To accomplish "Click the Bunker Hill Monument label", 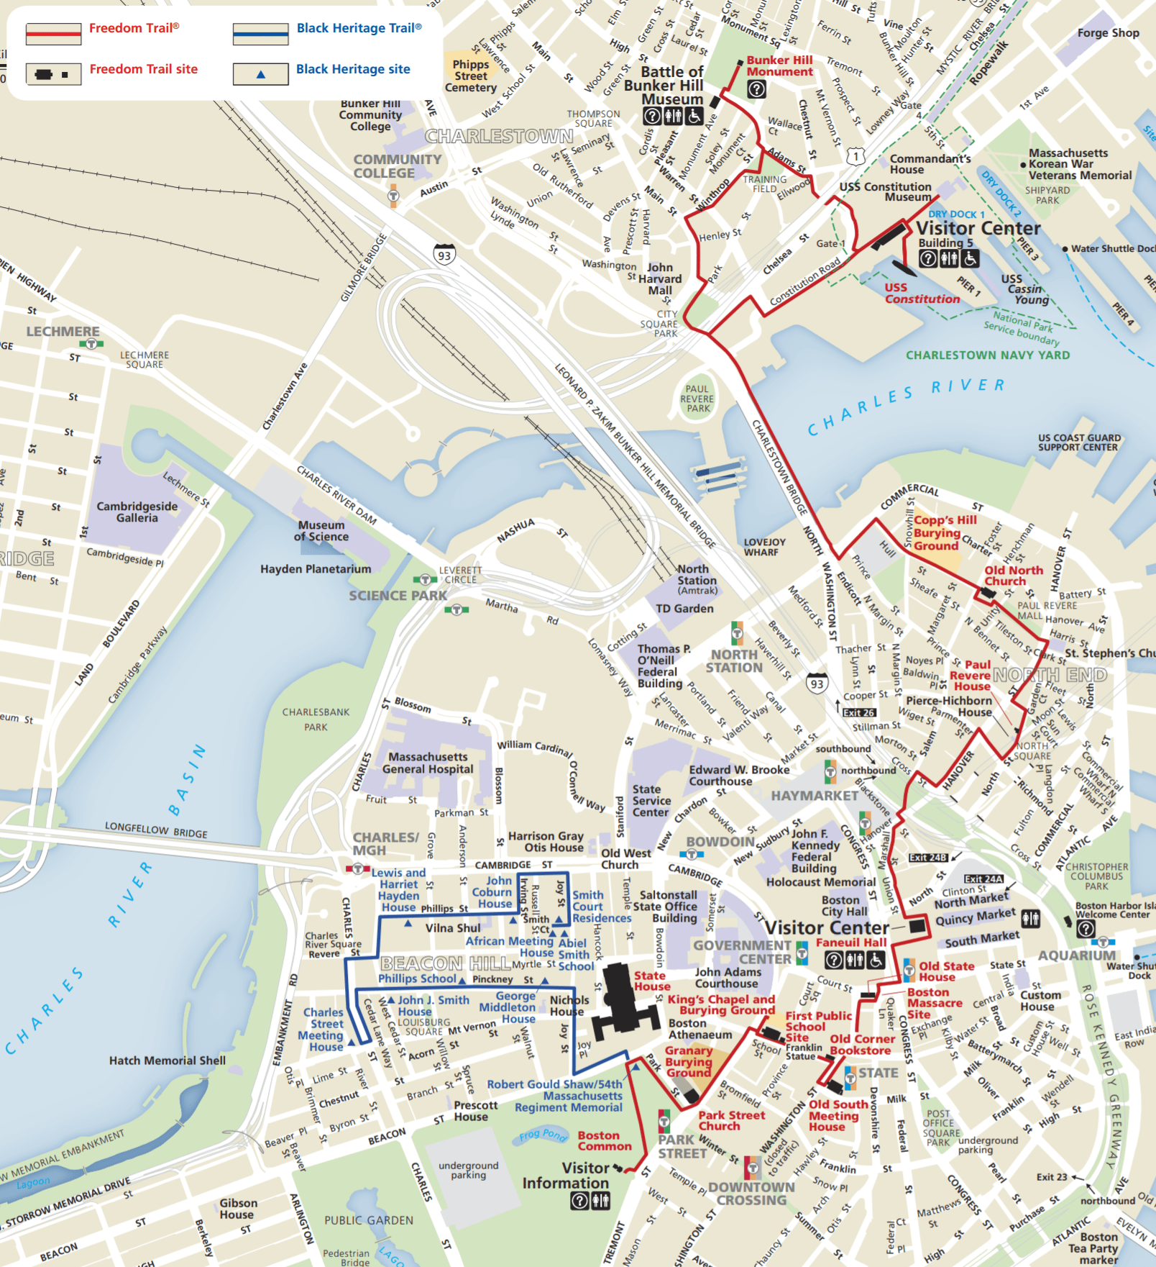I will click(779, 65).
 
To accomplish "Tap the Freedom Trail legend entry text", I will click(134, 28).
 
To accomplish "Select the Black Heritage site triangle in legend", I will click(260, 74).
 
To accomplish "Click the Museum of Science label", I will click(321, 530).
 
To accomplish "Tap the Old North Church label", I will click(1013, 576).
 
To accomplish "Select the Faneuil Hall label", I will click(850, 942).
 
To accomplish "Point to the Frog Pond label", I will click(543, 1135).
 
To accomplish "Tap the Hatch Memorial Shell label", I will click(167, 1061).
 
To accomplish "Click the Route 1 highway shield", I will click(855, 155).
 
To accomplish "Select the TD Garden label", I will click(684, 609).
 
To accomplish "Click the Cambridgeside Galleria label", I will click(137, 512).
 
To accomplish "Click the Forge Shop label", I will click(1108, 33).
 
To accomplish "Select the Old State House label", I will click(945, 971).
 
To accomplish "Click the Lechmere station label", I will click(63, 332).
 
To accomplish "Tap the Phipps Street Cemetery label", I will click(471, 76).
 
